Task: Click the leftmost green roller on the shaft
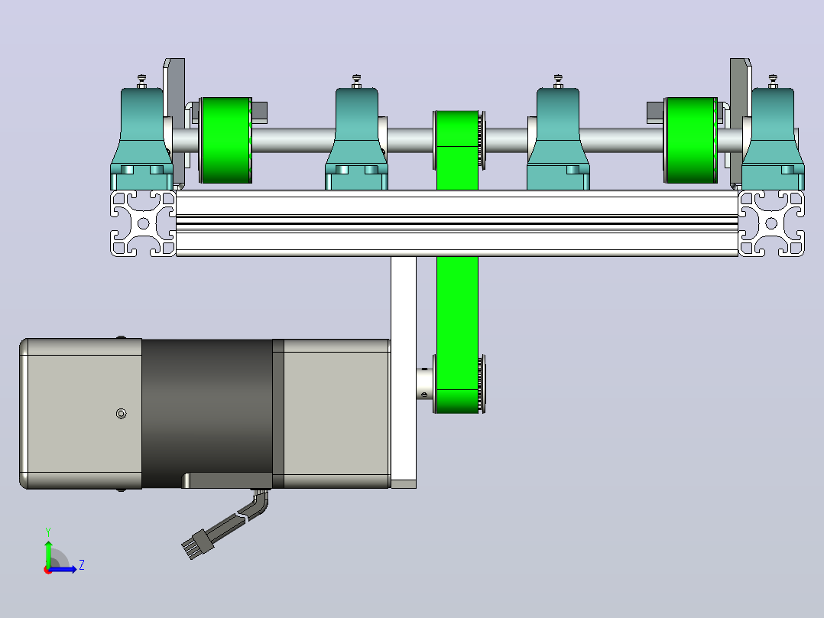tap(226, 141)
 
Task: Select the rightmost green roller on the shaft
tap(690, 141)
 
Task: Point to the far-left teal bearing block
tap(142, 138)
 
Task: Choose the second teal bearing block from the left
tap(356, 138)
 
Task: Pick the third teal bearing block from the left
tap(558, 138)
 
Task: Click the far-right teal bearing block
tap(773, 138)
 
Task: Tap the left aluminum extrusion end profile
tap(143, 223)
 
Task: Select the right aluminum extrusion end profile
tap(771, 223)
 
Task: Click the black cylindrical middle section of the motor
tap(207, 414)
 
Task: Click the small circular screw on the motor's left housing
tap(121, 414)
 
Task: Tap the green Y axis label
tap(48, 532)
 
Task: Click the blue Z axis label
tap(82, 565)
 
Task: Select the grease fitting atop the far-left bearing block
tap(142, 81)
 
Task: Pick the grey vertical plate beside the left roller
tap(174, 121)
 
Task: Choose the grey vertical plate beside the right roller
tap(741, 121)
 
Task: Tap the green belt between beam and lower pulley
tap(457, 305)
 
